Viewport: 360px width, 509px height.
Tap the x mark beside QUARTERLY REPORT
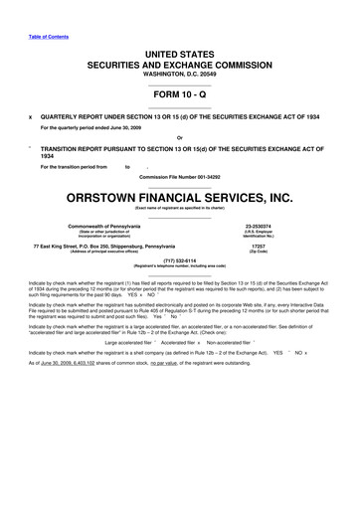tap(30, 115)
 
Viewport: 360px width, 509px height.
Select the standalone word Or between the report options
tap(178, 137)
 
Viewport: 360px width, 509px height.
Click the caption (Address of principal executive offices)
tap(106, 251)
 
